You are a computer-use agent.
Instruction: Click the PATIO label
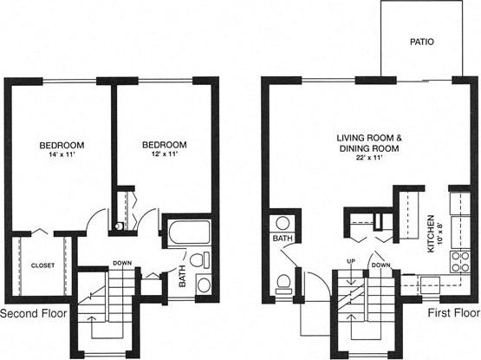point(422,41)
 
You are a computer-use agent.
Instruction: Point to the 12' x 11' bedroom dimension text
point(164,154)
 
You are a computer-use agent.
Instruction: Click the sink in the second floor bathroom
point(203,285)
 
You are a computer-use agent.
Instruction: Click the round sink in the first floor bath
point(283,221)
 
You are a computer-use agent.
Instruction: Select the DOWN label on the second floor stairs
point(121,265)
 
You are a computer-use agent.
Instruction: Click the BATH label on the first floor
point(283,238)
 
